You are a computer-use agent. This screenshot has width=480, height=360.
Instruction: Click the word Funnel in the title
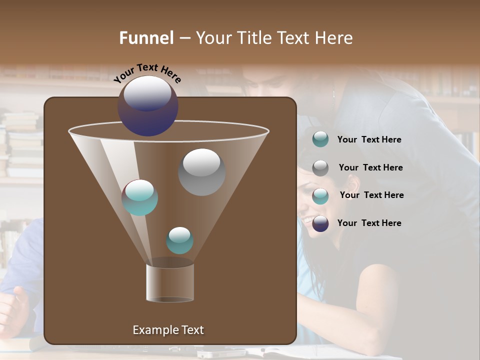[x=146, y=38]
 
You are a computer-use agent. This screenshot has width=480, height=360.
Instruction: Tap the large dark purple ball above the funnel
[x=148, y=105]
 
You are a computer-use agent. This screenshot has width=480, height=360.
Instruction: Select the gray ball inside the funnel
[x=201, y=172]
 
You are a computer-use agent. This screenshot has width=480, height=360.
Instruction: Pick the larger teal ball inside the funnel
[x=140, y=197]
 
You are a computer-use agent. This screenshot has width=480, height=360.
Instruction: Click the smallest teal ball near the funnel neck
[x=179, y=240]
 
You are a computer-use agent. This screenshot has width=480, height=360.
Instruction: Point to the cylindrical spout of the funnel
[x=170, y=282]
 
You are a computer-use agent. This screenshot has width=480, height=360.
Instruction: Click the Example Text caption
[x=168, y=330]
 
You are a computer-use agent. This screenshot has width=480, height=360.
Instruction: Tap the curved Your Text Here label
[x=147, y=73]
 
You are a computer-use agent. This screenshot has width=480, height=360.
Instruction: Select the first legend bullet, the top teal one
[x=320, y=139]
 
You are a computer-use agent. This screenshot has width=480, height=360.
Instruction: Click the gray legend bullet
[x=320, y=168]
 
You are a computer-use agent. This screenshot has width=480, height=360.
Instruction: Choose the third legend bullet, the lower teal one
[x=320, y=196]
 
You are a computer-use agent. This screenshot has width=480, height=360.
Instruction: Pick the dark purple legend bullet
[x=320, y=224]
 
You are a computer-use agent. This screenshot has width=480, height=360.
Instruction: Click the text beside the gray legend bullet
[x=370, y=167]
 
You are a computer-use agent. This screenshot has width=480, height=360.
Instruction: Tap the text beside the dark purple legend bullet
[x=369, y=223]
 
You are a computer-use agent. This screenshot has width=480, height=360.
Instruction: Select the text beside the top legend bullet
[x=369, y=139]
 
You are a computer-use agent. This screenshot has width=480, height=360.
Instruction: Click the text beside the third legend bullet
[x=371, y=195]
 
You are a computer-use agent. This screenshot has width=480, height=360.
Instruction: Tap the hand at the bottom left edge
[x=12, y=310]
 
